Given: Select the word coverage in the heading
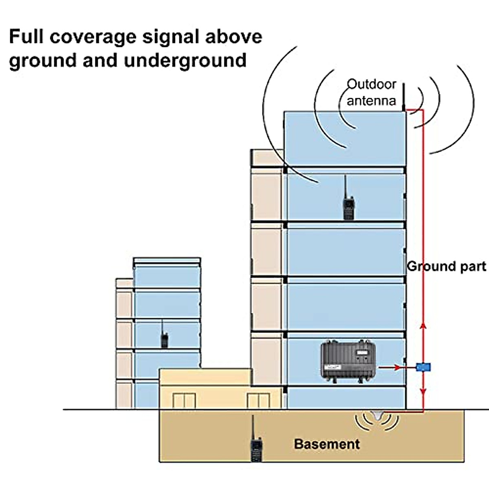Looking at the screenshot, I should coord(93,37).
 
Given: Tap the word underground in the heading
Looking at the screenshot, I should coord(185,61).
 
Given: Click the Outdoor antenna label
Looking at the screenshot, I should coord(371,92).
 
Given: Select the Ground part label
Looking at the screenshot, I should coord(447,266).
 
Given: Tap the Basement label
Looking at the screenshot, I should coord(327,444).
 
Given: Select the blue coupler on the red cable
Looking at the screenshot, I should coord(423,367).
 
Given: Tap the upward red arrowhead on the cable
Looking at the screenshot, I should coord(423,325).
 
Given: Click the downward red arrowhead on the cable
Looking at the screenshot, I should coord(423,392).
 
